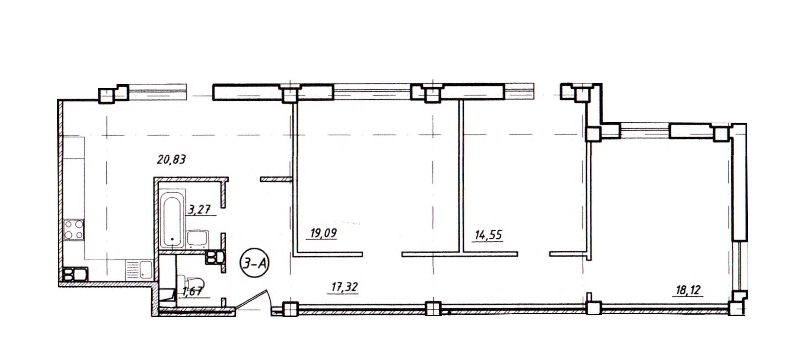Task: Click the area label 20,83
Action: point(172,160)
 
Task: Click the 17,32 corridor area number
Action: point(344,287)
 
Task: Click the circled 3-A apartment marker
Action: point(255,264)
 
